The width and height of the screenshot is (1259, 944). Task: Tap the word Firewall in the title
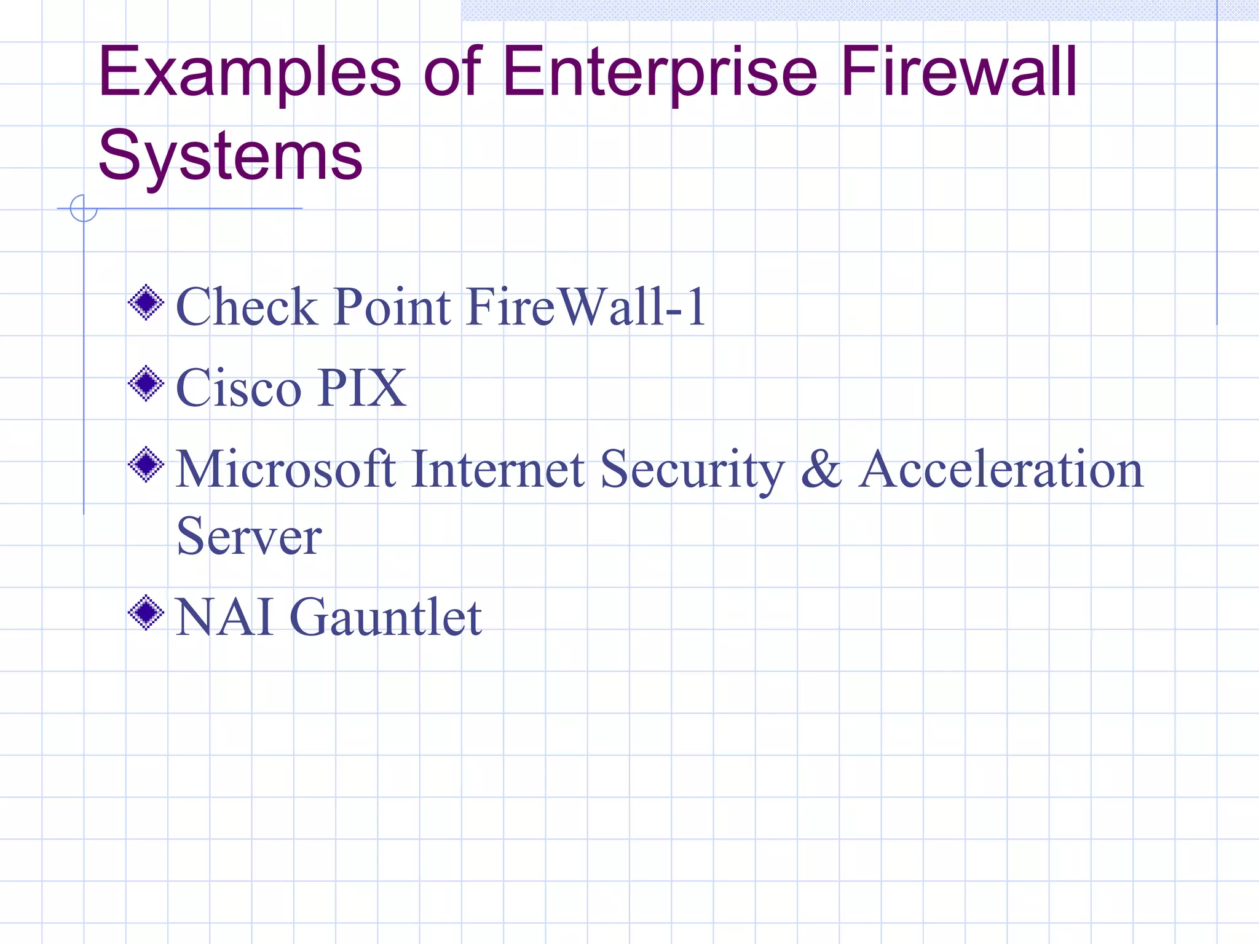point(958,73)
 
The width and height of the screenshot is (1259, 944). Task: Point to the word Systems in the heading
point(231,156)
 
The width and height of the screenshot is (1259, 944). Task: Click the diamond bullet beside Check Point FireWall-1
point(146,302)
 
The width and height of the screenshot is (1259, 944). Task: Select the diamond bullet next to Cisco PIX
point(146,383)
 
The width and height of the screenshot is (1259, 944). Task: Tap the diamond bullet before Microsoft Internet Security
point(146,465)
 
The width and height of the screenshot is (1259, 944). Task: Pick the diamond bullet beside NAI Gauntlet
point(146,613)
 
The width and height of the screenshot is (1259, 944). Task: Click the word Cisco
point(239,388)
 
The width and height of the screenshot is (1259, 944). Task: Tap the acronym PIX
point(363,388)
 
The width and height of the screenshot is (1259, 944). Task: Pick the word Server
point(249,537)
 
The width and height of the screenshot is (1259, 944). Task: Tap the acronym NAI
point(224,617)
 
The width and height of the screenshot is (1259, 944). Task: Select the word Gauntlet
point(385,617)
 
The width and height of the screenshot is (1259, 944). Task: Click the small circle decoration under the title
point(84,208)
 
